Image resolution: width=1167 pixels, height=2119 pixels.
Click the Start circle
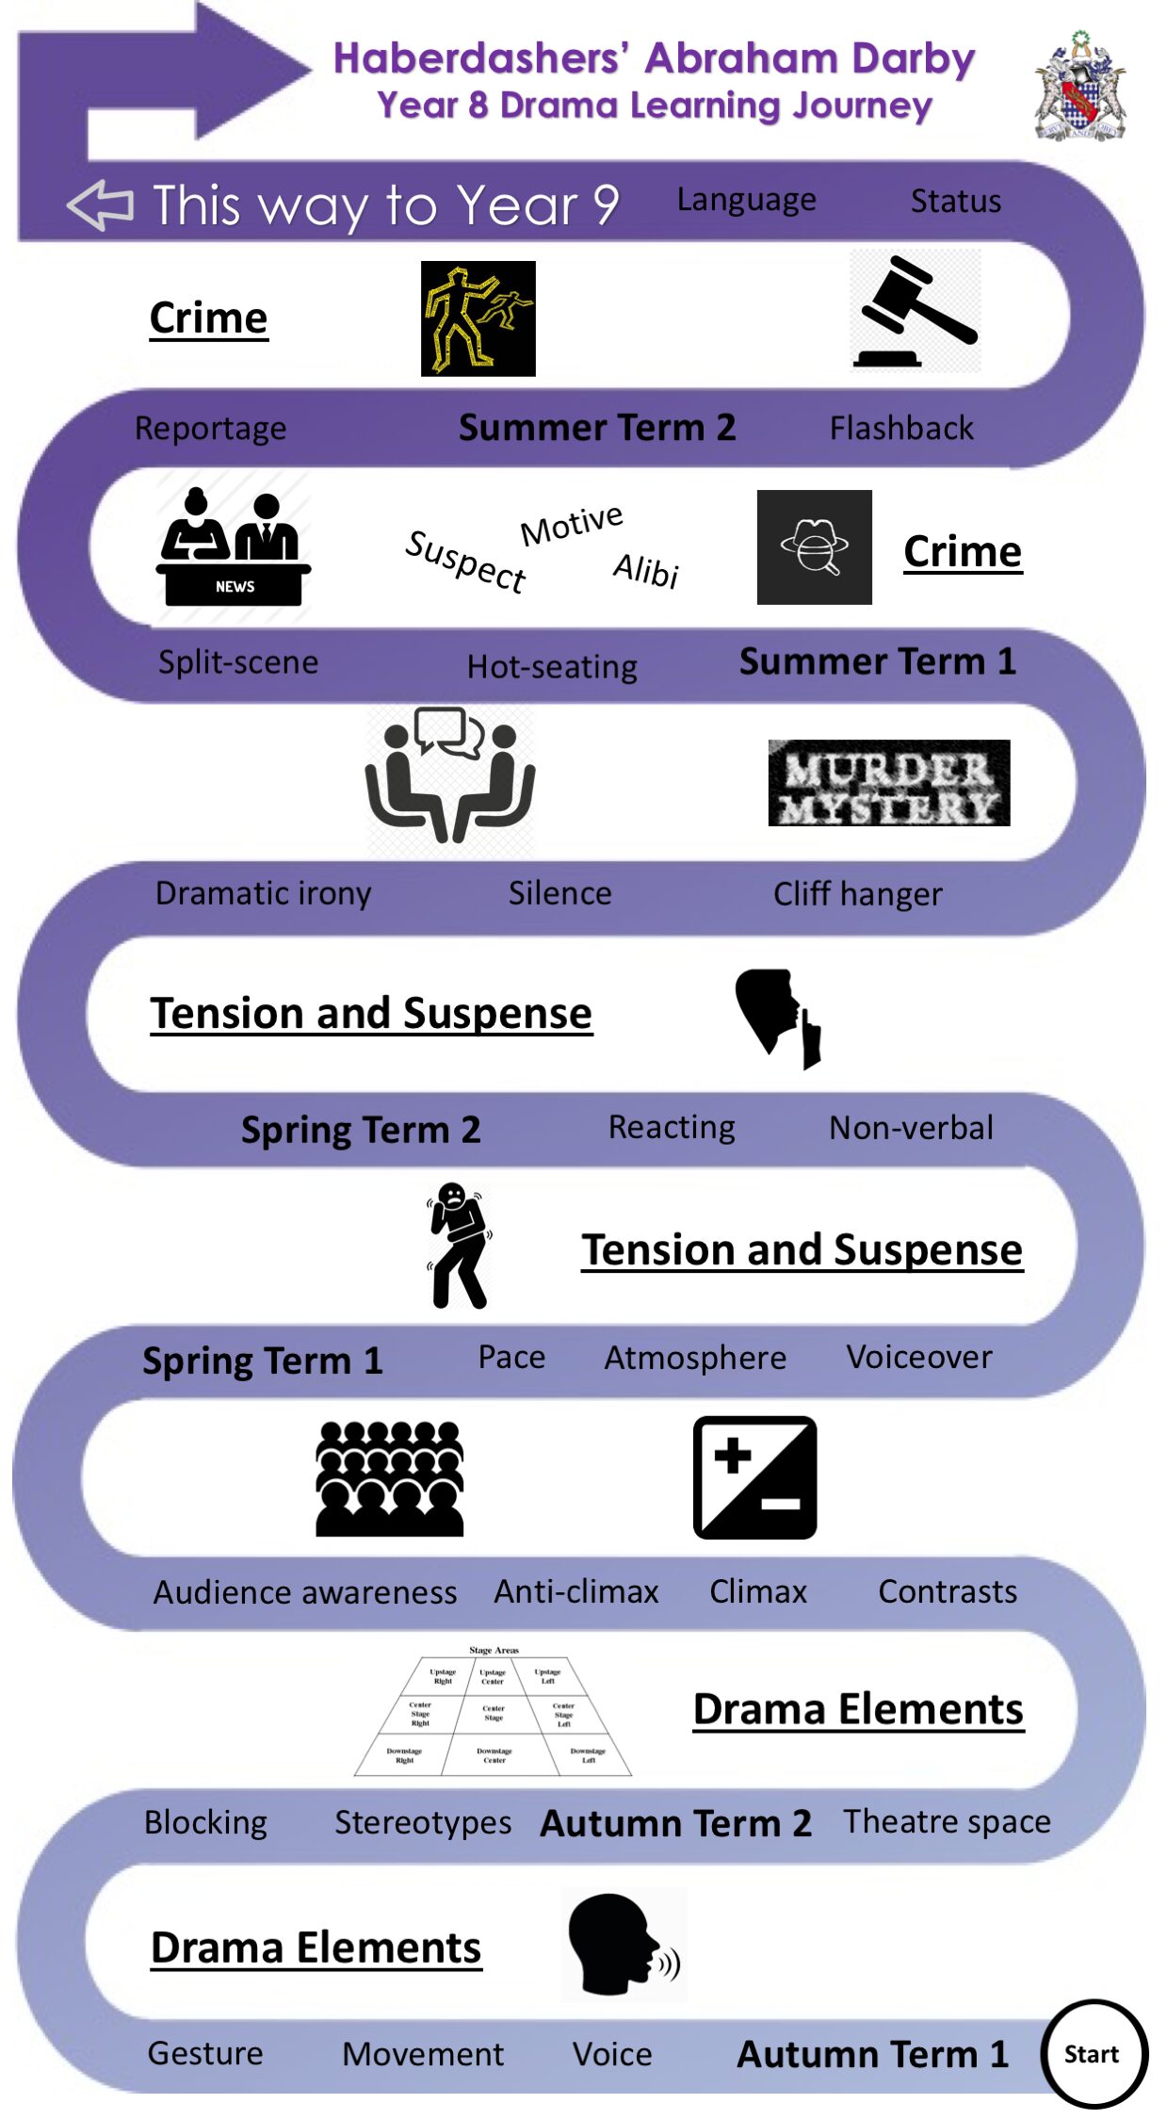click(1093, 2053)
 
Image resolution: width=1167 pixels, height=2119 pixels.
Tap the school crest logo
click(1079, 87)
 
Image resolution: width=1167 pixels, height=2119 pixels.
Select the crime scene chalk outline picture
click(478, 318)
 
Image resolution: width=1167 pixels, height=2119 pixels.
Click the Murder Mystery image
click(889, 783)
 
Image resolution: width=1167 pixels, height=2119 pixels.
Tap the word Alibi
click(646, 570)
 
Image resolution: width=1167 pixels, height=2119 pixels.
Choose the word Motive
click(572, 524)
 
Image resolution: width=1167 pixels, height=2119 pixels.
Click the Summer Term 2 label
click(597, 428)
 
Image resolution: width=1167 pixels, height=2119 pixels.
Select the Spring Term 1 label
click(263, 1361)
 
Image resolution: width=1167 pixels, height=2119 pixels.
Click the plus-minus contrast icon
click(754, 1477)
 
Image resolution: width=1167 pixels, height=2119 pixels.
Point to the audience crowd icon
click(390, 1479)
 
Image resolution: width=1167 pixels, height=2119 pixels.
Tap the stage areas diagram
click(494, 1712)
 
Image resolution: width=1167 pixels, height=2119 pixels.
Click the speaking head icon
click(623, 1945)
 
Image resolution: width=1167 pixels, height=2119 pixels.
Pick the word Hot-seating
click(552, 667)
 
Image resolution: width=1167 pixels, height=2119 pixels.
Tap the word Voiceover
click(919, 1357)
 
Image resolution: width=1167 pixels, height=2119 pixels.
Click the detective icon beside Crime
click(814, 547)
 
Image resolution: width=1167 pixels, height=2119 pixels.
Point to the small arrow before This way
click(100, 204)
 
